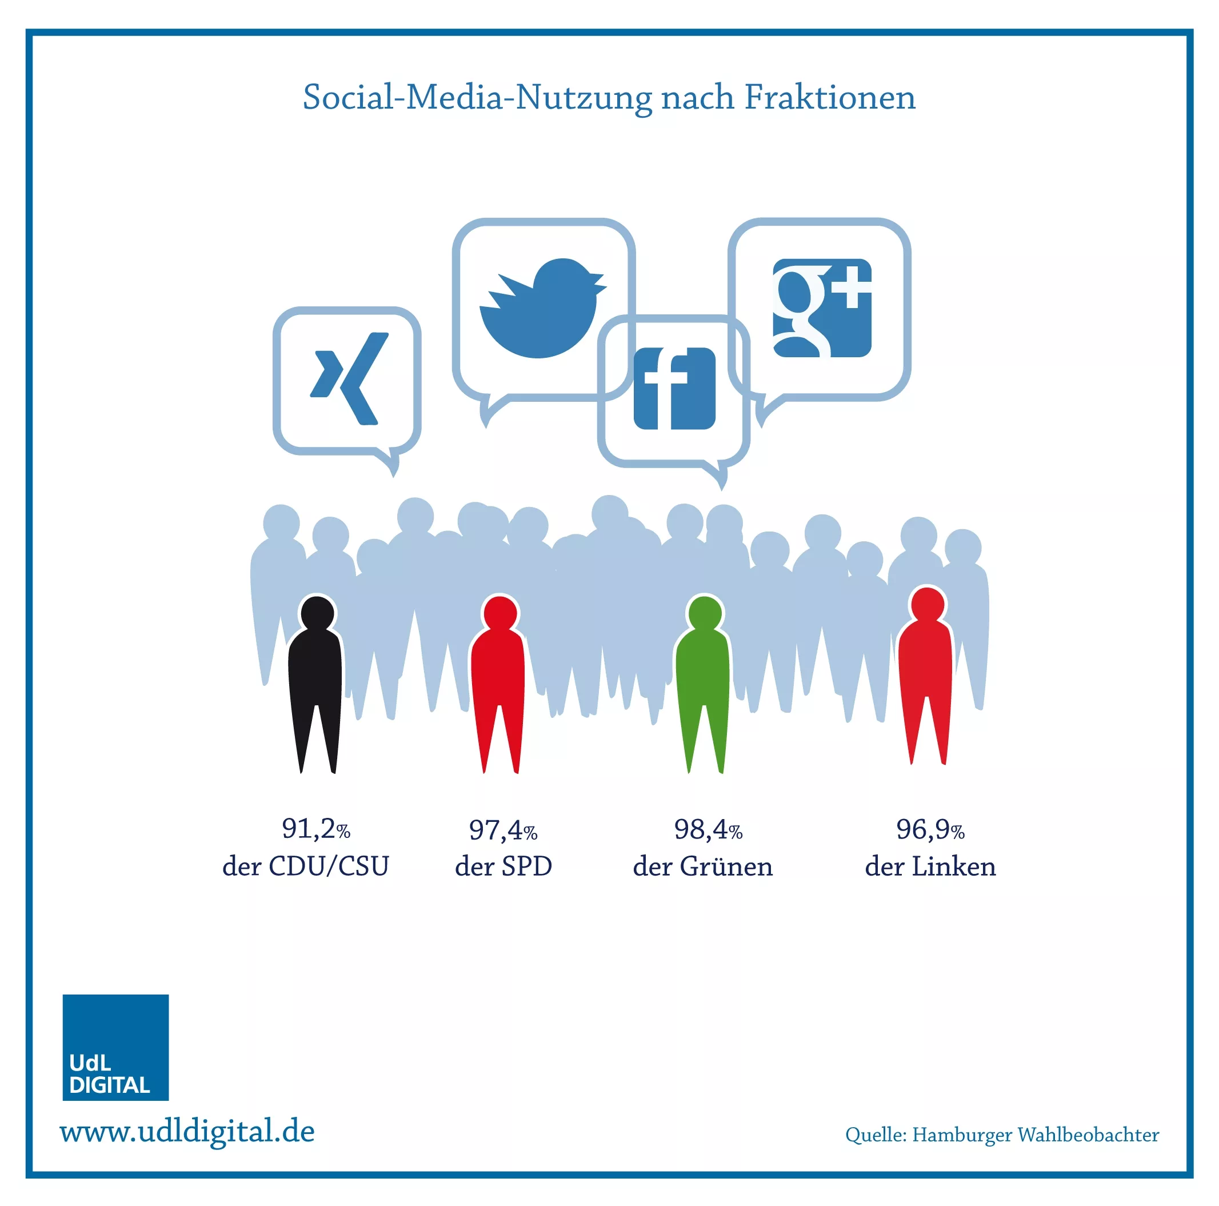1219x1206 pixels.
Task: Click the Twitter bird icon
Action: [541, 308]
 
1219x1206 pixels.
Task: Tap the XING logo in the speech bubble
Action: [349, 378]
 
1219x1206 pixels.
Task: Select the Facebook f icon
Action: [674, 388]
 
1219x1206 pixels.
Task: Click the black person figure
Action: [315, 684]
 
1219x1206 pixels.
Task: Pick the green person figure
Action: [703, 684]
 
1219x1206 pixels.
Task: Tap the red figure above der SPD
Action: [498, 684]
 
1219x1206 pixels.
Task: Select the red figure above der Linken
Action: [925, 675]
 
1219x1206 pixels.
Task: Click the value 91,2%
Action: [315, 829]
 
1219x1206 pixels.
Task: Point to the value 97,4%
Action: [503, 830]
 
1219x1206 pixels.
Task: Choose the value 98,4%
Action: [708, 829]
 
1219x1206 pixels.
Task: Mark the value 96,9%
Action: [930, 829]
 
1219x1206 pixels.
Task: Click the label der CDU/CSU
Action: [305, 866]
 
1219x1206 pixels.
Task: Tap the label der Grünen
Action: [703, 866]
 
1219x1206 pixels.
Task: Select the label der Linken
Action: [930, 866]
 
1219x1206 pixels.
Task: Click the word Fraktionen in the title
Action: [830, 97]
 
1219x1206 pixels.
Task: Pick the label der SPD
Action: [503, 866]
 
